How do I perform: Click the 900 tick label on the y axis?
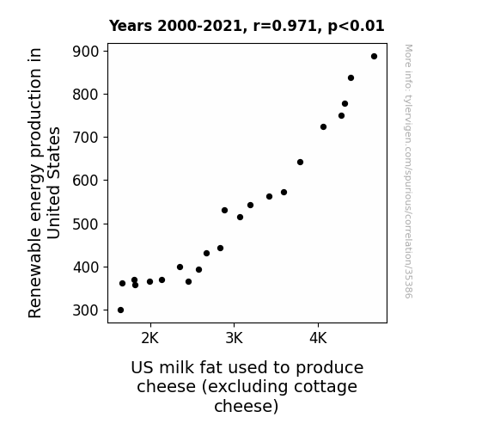(86, 52)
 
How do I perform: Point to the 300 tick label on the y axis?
(86, 310)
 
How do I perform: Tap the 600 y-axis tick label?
(86, 181)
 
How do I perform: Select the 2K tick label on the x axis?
(150, 339)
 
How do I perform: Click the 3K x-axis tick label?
(234, 339)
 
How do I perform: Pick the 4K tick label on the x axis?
(318, 339)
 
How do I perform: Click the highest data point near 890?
(374, 57)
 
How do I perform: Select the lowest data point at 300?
(120, 310)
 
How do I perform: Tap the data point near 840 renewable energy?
(351, 78)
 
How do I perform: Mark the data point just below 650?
(300, 163)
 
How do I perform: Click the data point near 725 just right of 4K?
(323, 126)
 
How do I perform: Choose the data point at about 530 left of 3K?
(224, 211)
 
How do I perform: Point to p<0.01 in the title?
(356, 27)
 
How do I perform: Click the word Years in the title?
(131, 26)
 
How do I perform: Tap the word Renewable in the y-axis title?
(34, 272)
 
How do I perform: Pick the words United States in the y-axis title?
(53, 183)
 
